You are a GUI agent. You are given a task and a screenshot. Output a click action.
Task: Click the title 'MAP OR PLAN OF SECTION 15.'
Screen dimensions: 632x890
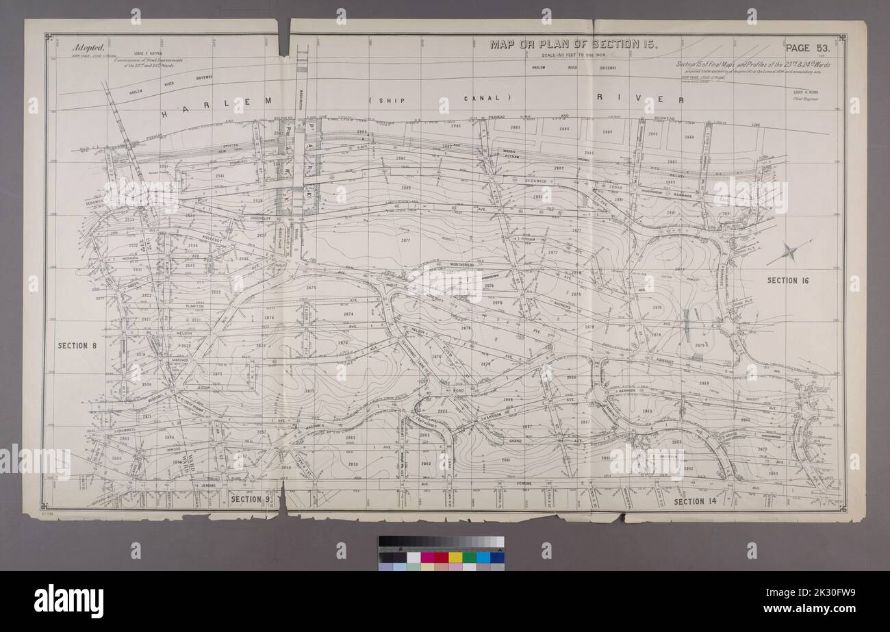[574, 45]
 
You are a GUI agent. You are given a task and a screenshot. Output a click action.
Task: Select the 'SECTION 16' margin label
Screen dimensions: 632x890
[788, 280]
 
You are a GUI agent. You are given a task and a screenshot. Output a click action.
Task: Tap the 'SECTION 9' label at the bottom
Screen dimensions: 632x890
[251, 499]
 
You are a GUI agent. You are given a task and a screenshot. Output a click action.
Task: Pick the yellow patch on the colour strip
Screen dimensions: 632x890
[455, 557]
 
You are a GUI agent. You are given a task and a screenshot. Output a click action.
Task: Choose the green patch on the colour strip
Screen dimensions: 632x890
[469, 557]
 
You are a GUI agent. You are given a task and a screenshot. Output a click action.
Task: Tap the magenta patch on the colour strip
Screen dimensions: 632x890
[427, 557]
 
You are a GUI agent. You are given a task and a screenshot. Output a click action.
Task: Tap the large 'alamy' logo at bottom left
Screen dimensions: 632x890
[68, 601]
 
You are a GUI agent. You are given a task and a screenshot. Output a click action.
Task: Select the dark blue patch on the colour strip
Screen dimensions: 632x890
[497, 557]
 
